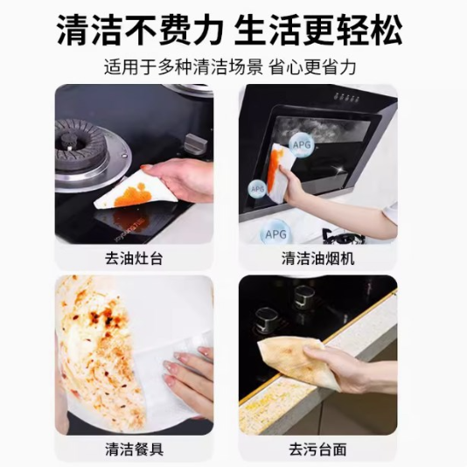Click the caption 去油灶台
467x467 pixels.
pos(134,259)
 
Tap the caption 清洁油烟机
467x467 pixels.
pos(317,259)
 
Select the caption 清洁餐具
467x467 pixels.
pos(134,450)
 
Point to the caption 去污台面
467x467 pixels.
pos(317,450)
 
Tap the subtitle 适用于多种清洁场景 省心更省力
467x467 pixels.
pos(230,67)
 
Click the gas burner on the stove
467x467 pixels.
pos(81,146)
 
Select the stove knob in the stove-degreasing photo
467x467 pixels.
pos(193,143)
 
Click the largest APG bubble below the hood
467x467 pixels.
pos(275,233)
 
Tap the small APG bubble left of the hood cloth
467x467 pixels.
pos(257,189)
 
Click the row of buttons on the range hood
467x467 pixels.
pos(346,97)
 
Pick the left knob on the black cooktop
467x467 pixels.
pos(266,318)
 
